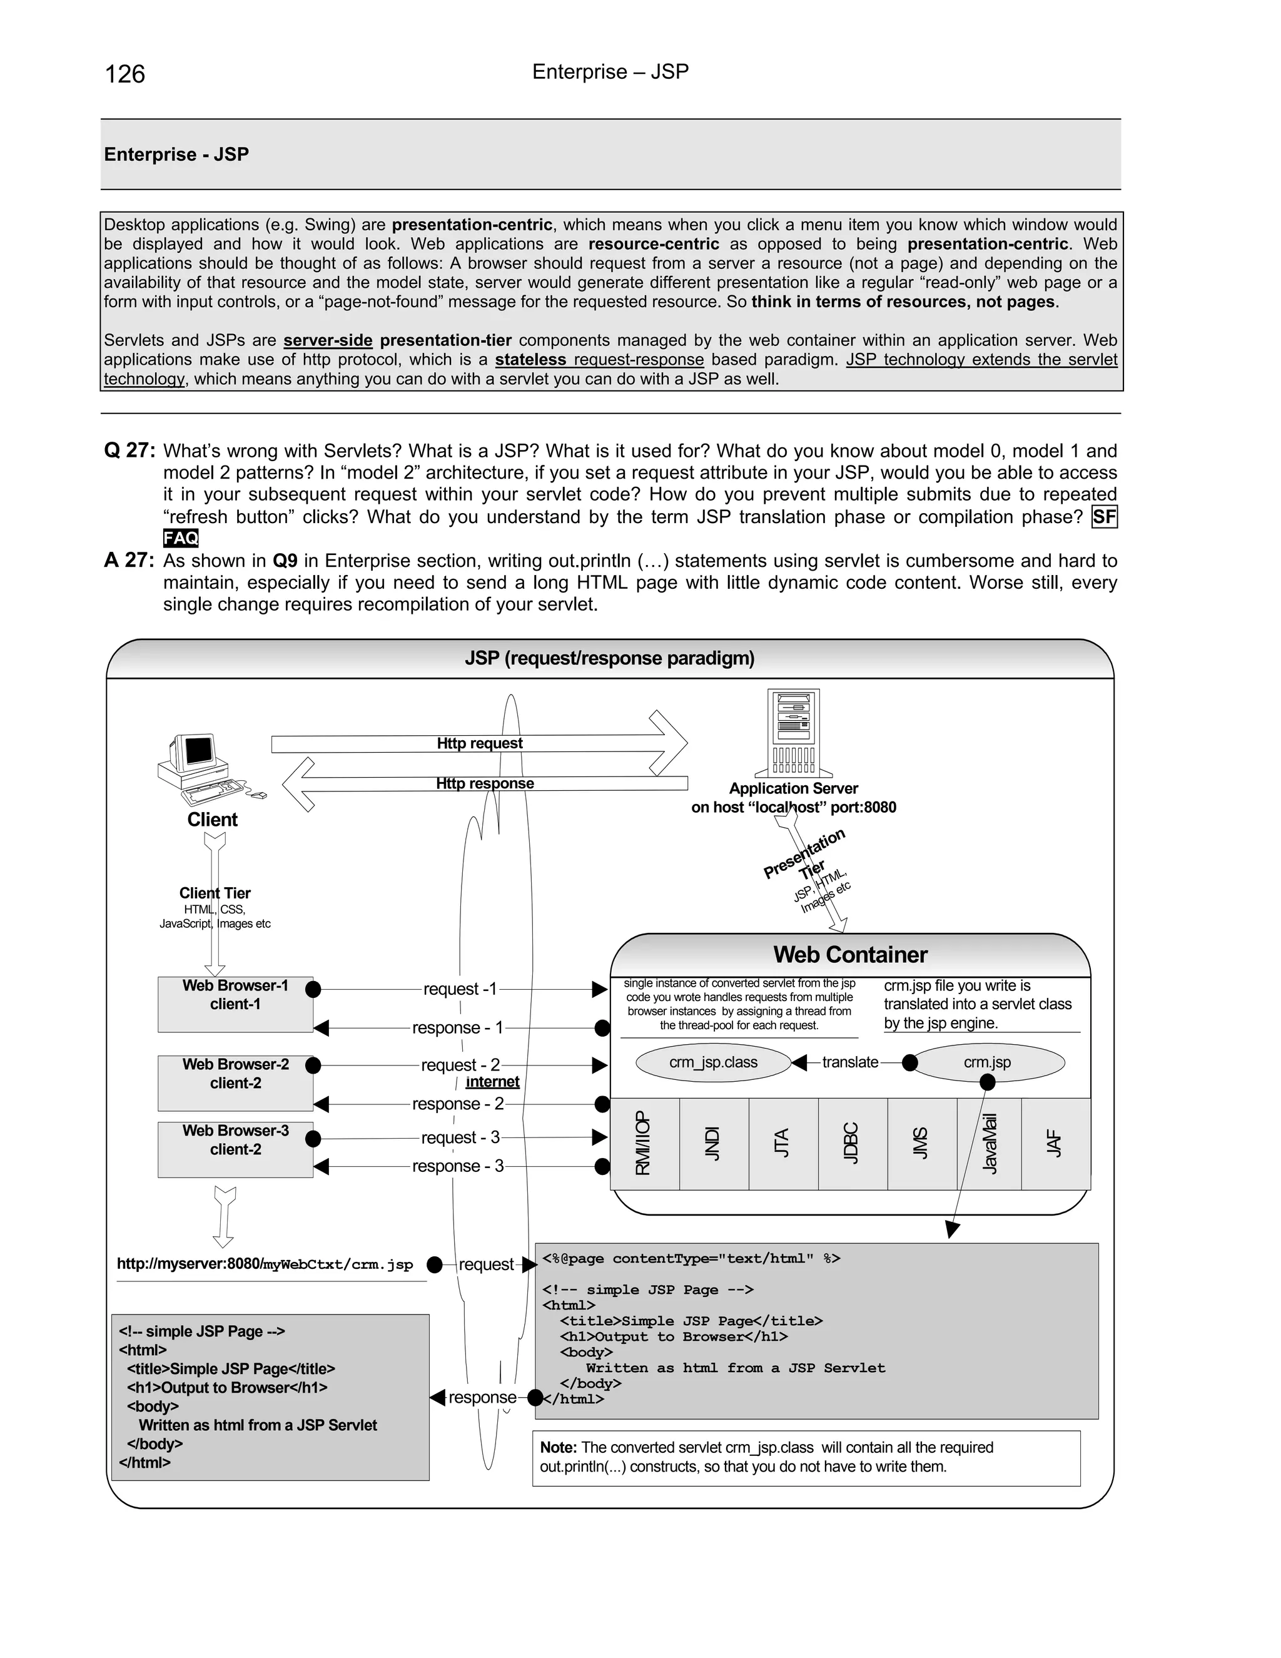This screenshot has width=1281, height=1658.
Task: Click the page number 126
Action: (125, 74)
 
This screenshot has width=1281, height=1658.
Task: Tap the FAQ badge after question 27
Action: (181, 538)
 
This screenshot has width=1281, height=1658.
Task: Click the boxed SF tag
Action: (1104, 517)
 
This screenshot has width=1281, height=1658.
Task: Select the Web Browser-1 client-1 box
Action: (235, 1004)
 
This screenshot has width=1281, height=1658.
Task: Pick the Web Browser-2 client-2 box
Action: (235, 1082)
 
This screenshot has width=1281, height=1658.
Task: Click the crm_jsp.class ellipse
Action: (713, 1062)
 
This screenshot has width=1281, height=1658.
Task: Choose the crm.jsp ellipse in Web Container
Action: (987, 1062)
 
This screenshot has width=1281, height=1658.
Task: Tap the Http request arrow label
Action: (480, 743)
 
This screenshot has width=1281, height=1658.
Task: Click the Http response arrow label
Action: (485, 783)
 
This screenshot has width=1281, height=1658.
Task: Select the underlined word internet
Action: (492, 1082)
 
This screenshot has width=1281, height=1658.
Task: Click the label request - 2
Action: (460, 1065)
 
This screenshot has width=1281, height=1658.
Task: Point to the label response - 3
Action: (458, 1166)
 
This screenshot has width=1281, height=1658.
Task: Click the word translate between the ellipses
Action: (850, 1062)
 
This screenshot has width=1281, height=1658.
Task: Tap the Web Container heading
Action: (850, 955)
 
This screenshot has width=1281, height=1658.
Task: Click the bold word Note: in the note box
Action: (559, 1448)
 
